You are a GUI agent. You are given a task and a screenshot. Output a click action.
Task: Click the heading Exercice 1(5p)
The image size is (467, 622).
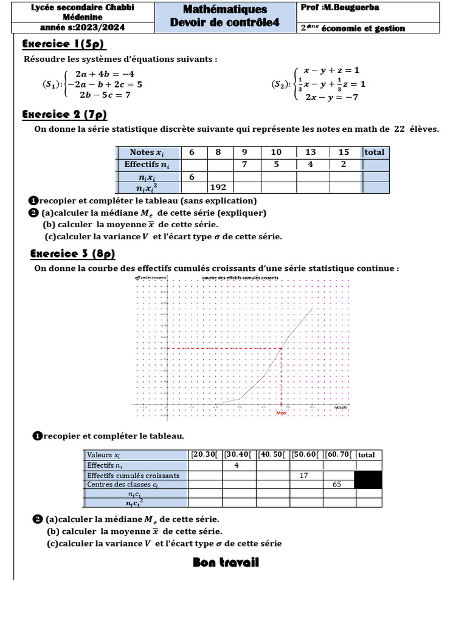tap(64, 44)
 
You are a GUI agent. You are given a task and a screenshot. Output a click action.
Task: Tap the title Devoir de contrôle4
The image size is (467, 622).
tap(225, 22)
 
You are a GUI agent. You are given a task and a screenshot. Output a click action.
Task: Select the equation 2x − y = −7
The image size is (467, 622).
tap(331, 97)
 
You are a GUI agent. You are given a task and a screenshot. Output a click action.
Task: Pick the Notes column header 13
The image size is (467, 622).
tap(310, 152)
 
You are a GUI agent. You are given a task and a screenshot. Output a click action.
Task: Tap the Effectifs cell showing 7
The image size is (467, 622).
tap(244, 165)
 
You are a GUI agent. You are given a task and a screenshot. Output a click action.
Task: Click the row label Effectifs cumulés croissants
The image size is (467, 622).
tap(133, 476)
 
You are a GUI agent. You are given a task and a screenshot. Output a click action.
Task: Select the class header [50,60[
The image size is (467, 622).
tap(306, 454)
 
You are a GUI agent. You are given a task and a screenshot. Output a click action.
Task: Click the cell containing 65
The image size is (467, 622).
tap(338, 485)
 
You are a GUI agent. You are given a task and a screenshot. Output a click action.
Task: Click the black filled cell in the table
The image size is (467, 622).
tap(368, 480)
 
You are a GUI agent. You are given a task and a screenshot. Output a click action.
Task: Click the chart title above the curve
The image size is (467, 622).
tap(240, 277)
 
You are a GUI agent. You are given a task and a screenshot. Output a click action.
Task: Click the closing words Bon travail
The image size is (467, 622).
tap(226, 562)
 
